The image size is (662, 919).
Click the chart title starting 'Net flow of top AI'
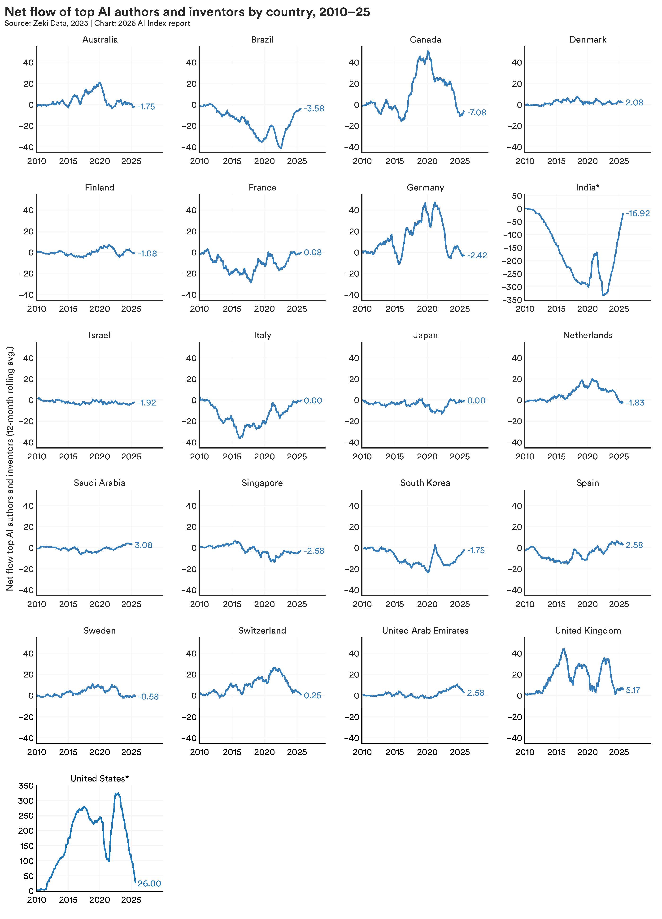click(x=187, y=12)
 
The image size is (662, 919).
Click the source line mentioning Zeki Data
click(x=97, y=23)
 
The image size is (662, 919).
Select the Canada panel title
click(x=425, y=40)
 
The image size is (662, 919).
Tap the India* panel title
click(x=588, y=188)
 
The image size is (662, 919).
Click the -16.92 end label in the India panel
click(x=638, y=214)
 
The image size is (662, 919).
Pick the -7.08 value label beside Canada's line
click(x=476, y=113)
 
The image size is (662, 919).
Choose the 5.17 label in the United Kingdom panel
click(x=633, y=690)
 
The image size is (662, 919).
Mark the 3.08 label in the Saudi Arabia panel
click(x=144, y=545)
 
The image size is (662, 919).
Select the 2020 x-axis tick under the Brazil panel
click(x=264, y=161)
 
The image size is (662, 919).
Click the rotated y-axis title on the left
click(x=10, y=468)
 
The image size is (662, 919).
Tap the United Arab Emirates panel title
click(x=425, y=631)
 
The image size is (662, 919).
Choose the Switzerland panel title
click(x=262, y=631)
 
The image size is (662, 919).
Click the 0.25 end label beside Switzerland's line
click(x=313, y=696)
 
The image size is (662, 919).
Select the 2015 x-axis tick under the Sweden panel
click(x=68, y=752)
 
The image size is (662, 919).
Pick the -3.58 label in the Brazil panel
click(x=314, y=109)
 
